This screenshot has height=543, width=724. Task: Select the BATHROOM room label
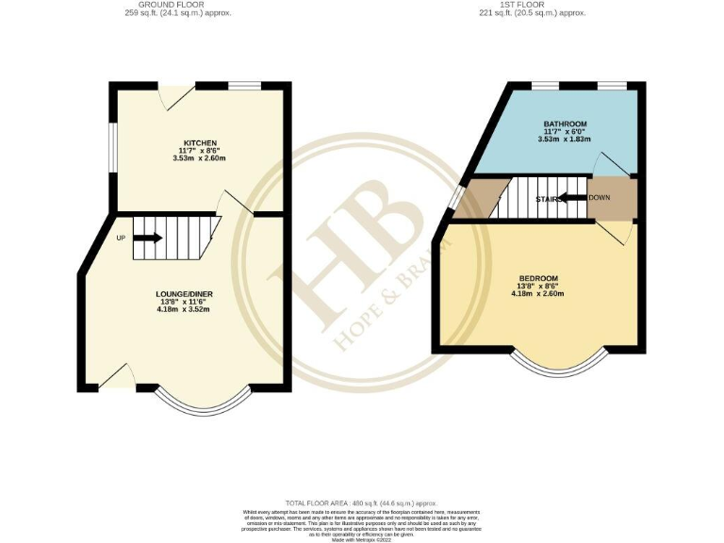pyautogui.click(x=566, y=123)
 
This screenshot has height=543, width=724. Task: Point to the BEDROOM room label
pyautogui.click(x=539, y=277)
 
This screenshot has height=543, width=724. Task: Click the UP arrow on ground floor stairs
pyautogui.click(x=148, y=238)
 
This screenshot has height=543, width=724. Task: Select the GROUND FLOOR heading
pyautogui.click(x=178, y=5)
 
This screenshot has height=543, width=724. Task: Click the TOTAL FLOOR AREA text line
pyautogui.click(x=362, y=504)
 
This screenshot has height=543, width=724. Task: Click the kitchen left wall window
pyautogui.click(x=110, y=149)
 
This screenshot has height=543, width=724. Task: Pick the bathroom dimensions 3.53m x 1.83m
pyautogui.click(x=566, y=140)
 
